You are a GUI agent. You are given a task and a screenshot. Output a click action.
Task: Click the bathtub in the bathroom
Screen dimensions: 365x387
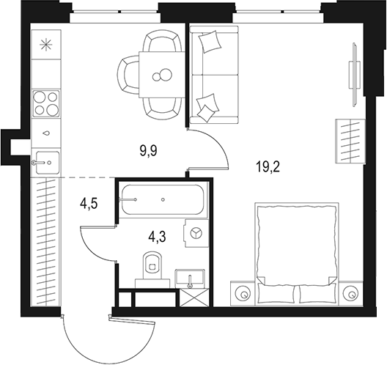click(161, 199)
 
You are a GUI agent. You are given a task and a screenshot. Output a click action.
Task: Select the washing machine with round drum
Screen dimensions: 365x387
click(196, 232)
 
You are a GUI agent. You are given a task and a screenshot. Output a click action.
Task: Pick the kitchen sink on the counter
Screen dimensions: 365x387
click(46, 159)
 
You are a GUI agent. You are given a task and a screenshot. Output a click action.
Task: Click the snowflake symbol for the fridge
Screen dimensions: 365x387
click(47, 45)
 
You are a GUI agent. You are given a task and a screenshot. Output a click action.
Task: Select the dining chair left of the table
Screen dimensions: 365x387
click(129, 73)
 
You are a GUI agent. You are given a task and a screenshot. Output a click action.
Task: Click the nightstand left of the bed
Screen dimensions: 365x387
click(242, 292)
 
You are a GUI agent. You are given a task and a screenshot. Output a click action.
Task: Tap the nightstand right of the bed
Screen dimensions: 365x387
click(350, 292)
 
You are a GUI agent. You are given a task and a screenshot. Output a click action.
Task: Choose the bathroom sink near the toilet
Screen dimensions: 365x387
click(193, 278)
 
